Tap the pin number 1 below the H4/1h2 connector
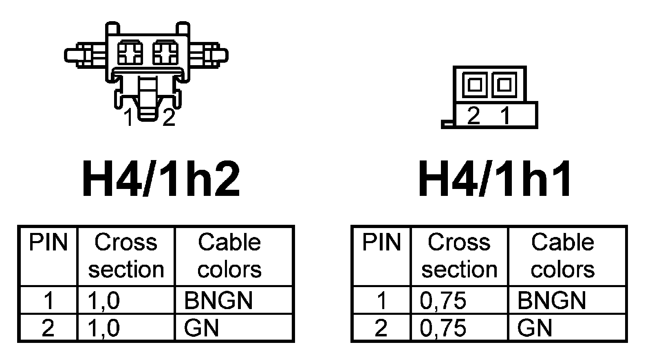pyautogui.click(x=129, y=118)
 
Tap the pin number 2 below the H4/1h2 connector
pyautogui.click(x=169, y=118)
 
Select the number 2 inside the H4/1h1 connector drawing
pyautogui.click(x=474, y=116)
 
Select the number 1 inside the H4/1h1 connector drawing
pyautogui.click(x=505, y=116)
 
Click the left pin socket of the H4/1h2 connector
pyautogui.click(x=130, y=53)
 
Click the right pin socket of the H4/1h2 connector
pyautogui.click(x=165, y=53)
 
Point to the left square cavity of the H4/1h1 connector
pyautogui.click(x=475, y=85)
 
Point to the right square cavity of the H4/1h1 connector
pyautogui.click(x=504, y=85)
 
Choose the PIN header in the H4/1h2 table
pyautogui.click(x=48, y=243)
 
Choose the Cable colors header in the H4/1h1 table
pyautogui.click(x=562, y=256)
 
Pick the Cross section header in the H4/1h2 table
pyautogui.click(x=126, y=256)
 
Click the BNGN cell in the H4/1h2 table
pyautogui.click(x=218, y=301)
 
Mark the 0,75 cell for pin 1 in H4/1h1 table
pyautogui.click(x=443, y=301)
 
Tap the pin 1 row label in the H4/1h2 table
pyautogui.click(x=48, y=301)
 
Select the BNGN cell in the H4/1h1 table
pyautogui.click(x=551, y=301)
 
